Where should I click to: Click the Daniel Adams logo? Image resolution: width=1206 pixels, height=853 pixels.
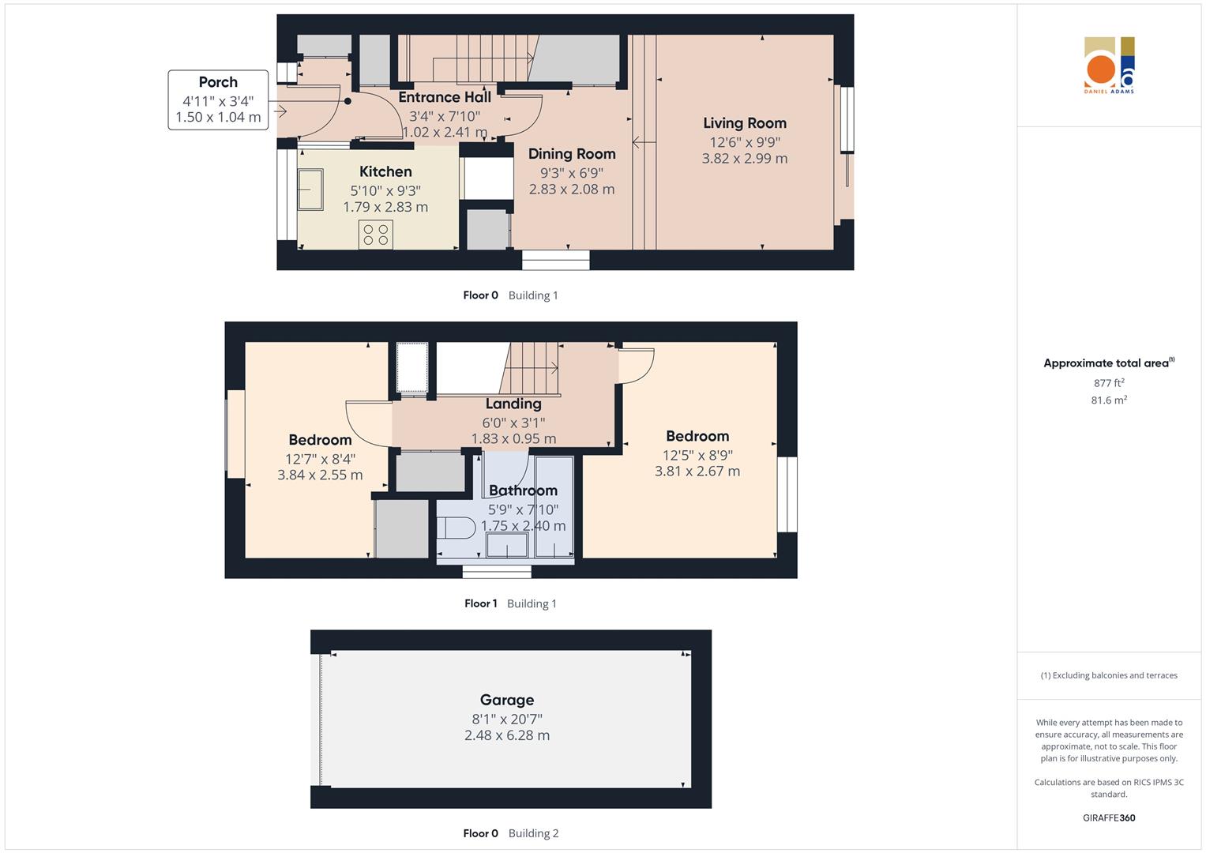pos(1109,66)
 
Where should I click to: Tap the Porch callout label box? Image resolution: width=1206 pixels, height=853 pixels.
pos(218,100)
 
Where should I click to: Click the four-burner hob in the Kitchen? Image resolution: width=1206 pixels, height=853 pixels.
pos(376,235)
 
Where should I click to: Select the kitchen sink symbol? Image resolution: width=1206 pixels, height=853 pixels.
pos(310,190)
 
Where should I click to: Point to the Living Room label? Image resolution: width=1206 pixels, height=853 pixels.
pos(745,123)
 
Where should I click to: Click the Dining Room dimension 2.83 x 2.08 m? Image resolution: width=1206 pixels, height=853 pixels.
pos(572,190)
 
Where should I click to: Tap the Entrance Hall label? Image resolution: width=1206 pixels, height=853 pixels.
pos(445,97)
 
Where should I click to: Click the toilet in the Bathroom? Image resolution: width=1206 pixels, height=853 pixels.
pos(456,527)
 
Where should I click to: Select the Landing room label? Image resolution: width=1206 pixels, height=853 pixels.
pos(513,404)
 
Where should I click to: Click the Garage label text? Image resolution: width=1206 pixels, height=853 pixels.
pos(507,700)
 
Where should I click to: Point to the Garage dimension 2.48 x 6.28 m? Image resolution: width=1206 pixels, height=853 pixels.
pos(507,735)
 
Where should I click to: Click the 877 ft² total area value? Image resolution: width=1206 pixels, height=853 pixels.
pos(1109,383)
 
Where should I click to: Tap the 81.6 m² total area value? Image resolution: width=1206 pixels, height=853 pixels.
pos(1109,400)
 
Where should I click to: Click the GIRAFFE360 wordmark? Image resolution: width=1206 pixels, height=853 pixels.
pos(1109,817)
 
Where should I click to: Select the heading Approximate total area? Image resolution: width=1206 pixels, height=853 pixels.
pos(1107,363)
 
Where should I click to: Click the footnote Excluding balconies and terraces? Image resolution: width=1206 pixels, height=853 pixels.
pos(1109,675)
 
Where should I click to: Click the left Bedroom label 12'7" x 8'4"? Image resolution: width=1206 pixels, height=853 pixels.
pos(320,458)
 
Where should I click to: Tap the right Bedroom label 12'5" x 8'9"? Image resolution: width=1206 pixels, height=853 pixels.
pos(697,454)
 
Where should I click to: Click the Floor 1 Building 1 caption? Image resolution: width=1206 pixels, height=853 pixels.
pos(510,603)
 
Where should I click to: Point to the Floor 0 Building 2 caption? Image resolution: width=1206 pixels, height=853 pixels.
pos(510,833)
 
